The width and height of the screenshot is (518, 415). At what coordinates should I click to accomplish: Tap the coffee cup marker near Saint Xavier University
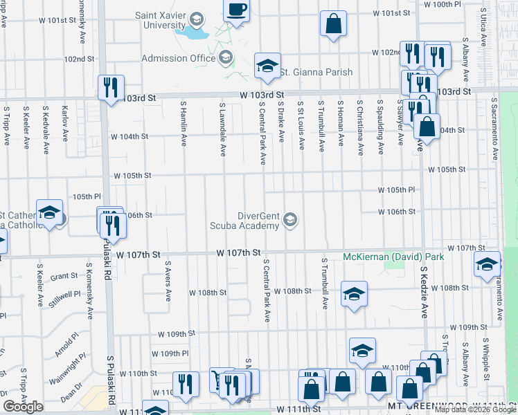tap(237, 10)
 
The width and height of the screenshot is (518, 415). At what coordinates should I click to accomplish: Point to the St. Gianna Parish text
tap(316, 72)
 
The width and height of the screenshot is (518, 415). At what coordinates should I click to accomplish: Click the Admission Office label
tap(178, 58)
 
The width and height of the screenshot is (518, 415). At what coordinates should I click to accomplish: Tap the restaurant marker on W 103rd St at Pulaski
tap(111, 87)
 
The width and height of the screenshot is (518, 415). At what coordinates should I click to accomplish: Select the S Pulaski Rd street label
tap(111, 381)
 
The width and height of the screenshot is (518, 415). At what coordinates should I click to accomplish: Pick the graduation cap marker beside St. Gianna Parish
tap(267, 66)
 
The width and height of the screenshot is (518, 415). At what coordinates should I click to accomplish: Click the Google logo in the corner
tap(24, 407)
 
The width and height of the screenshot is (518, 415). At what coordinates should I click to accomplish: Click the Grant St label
tap(64, 275)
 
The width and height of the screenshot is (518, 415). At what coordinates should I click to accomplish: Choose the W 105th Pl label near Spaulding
tap(396, 190)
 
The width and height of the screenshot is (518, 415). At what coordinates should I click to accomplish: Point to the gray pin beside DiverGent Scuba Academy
tap(291, 220)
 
